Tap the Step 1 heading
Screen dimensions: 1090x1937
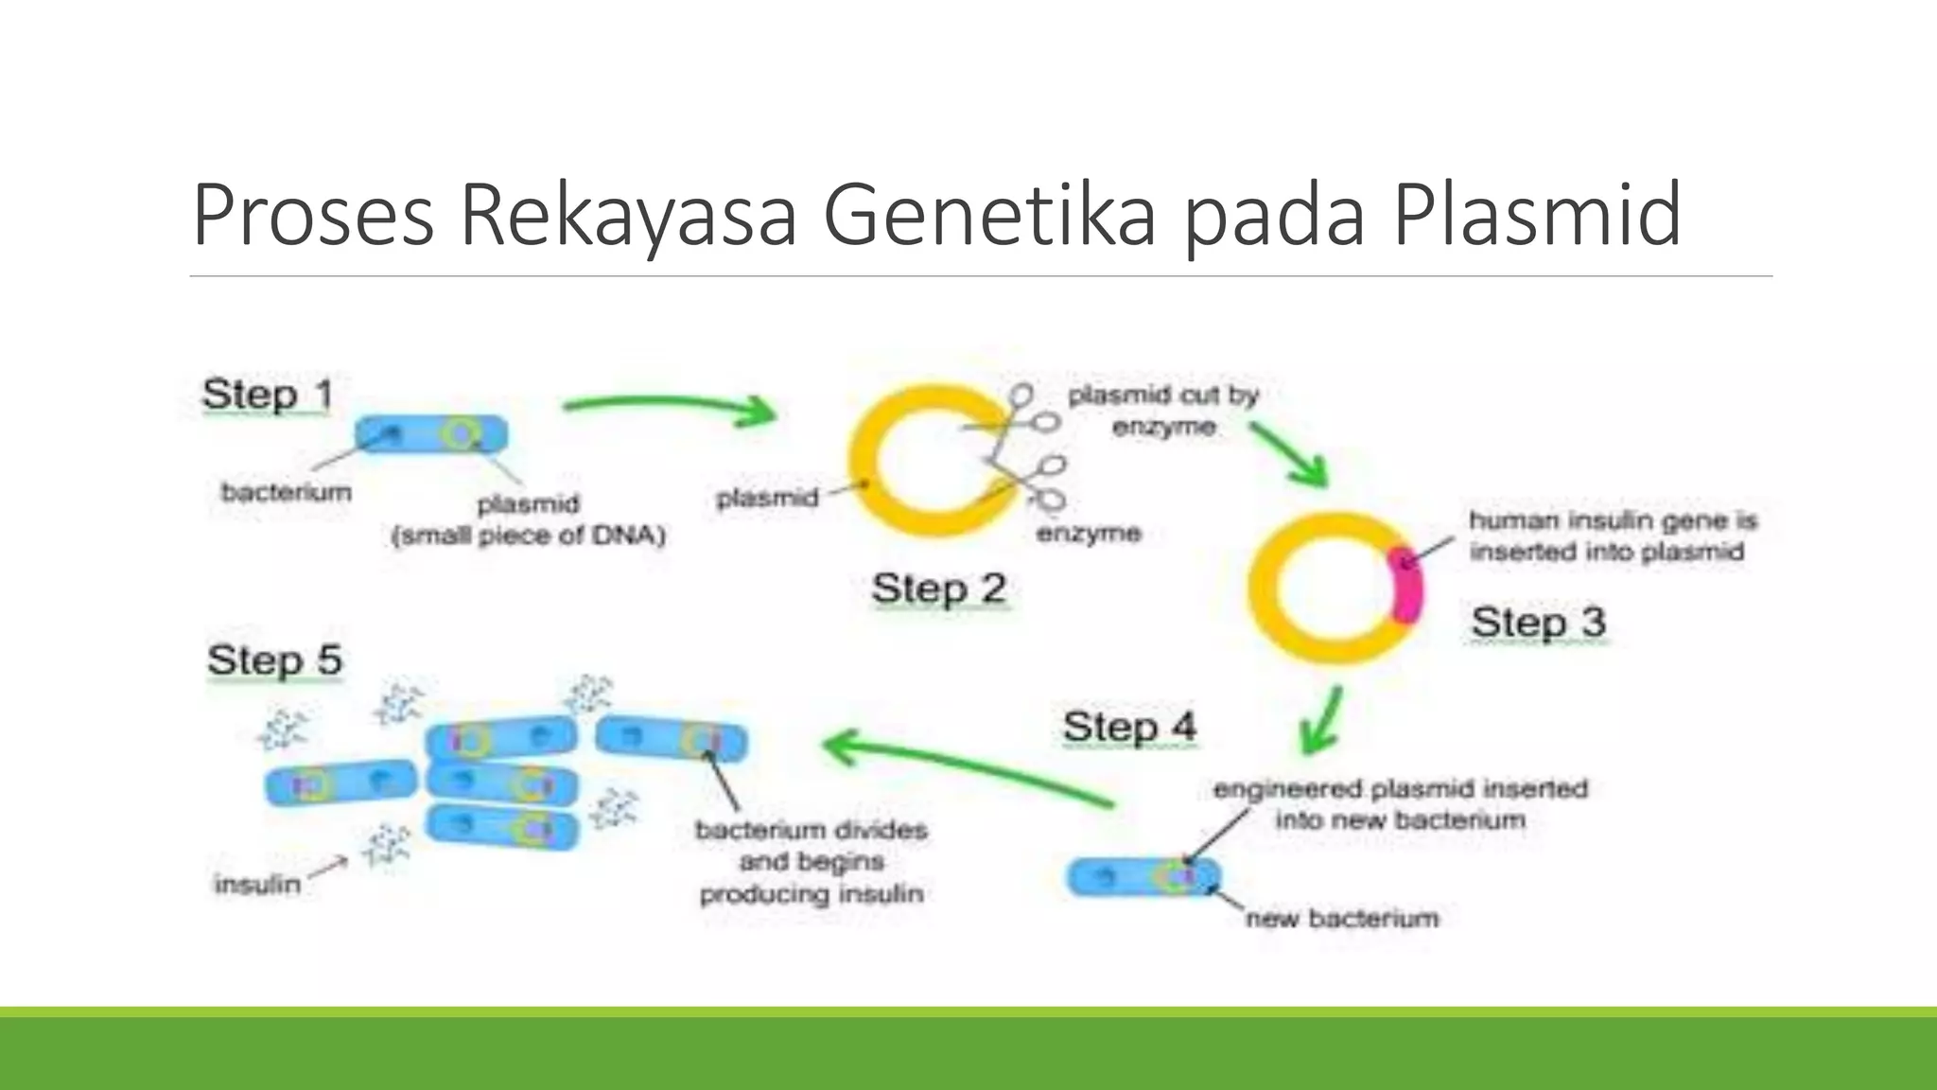(267, 395)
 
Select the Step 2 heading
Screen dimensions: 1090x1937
(938, 589)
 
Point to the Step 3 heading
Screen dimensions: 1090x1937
(1538, 623)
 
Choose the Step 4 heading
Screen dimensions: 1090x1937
(1129, 727)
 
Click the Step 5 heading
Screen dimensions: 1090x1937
(274, 659)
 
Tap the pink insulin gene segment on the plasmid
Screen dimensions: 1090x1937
(1407, 585)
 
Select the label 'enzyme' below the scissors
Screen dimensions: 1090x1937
(1088, 534)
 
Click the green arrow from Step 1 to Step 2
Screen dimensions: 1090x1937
(672, 407)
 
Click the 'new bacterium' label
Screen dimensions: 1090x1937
(1341, 918)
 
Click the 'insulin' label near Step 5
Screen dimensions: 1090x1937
(257, 885)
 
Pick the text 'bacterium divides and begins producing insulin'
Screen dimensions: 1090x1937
(811, 862)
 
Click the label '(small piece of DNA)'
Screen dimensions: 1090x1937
(528, 536)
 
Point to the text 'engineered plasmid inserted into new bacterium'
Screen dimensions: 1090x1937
(1400, 804)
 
